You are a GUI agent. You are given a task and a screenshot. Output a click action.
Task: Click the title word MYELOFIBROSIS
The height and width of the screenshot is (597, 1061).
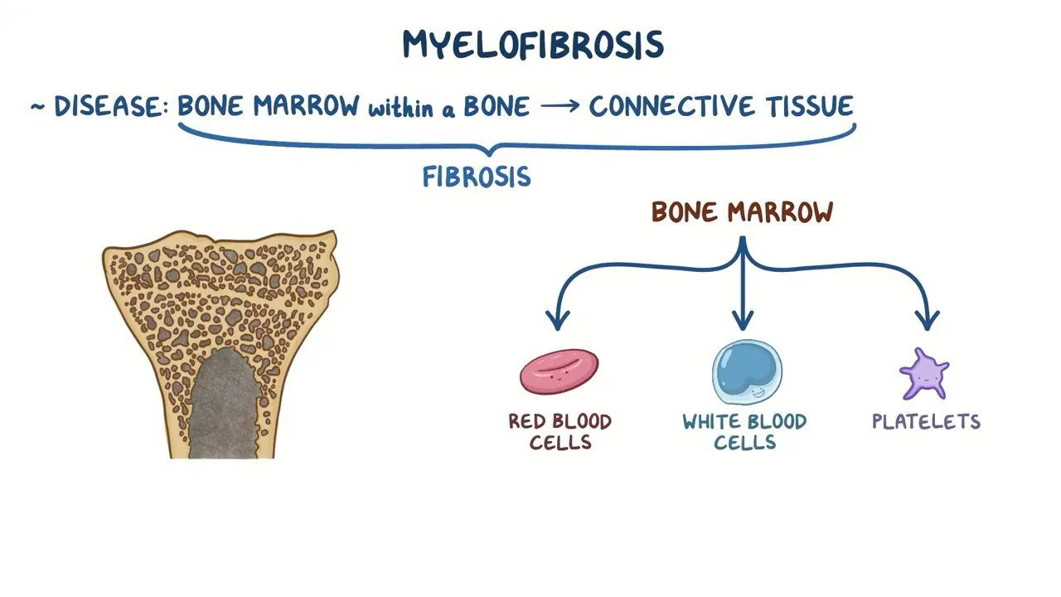coord(533,45)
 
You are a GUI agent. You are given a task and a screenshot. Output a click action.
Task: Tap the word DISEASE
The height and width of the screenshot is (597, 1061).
coord(108,107)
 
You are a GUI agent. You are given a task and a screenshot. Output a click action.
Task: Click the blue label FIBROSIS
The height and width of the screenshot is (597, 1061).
coord(477,177)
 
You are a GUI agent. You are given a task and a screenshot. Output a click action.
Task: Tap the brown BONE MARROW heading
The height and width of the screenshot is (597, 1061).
coord(742,212)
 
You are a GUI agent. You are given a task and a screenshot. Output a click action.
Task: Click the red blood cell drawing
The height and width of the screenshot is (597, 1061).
coord(560,371)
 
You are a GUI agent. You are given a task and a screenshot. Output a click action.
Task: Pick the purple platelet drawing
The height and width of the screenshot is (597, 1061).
coord(923,374)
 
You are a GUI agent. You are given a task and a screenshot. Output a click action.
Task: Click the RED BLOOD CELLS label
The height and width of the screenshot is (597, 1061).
coord(560,431)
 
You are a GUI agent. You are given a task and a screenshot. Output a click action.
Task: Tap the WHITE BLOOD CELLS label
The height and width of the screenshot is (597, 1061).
coord(744,431)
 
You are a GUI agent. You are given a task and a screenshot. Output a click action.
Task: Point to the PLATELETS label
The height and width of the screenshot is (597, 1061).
coord(926,421)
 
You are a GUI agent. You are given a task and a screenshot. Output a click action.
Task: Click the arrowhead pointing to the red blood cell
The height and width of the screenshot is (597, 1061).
coord(558,319)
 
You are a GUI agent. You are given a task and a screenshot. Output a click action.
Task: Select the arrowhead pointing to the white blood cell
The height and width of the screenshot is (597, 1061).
coord(743,319)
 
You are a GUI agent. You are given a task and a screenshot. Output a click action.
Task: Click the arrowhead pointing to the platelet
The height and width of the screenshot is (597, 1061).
coord(927,319)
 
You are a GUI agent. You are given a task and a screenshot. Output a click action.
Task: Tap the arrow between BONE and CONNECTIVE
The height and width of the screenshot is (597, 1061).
coord(559,108)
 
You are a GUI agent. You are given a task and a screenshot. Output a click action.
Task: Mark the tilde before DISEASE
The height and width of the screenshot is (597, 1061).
coord(37,108)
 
